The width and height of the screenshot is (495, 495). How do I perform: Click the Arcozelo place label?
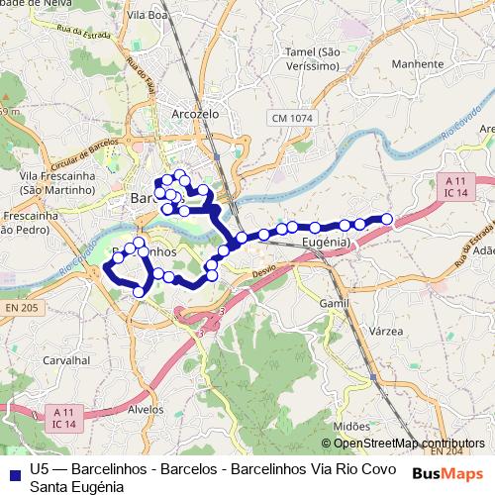(x=195, y=113)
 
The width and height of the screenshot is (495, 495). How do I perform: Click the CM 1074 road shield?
(x=294, y=119)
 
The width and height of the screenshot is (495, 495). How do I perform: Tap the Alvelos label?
(x=146, y=408)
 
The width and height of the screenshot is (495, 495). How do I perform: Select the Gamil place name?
(x=336, y=301)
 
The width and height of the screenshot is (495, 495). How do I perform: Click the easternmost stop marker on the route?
(x=387, y=219)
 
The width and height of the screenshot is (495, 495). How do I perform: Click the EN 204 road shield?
(x=452, y=450)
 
